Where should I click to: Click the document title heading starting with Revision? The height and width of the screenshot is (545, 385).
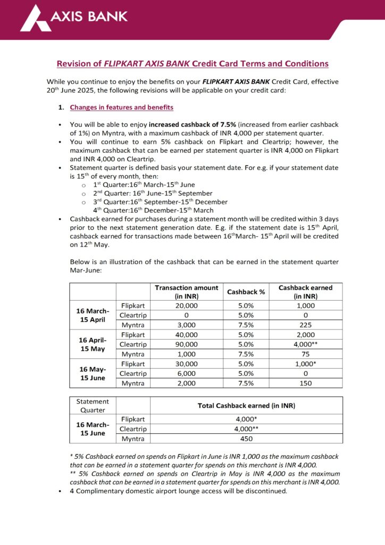pyautogui.click(x=192, y=64)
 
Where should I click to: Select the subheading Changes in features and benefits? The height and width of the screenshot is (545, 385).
pyautogui.click(x=121, y=108)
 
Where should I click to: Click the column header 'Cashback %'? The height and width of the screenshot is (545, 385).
pyautogui.click(x=246, y=292)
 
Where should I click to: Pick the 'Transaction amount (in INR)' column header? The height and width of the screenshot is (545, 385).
pyautogui.click(x=186, y=292)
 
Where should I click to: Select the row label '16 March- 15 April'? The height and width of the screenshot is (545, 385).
pyautogui.click(x=93, y=316)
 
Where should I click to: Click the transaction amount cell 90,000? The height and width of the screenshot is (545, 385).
pyautogui.click(x=186, y=344)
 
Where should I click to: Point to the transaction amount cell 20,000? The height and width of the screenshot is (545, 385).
pyautogui.click(x=186, y=306)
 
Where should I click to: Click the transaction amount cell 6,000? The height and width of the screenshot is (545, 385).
pyautogui.click(x=186, y=374)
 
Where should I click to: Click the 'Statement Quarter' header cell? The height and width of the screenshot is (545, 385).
pyautogui.click(x=93, y=405)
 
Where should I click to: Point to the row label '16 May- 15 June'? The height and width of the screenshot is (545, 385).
pyautogui.click(x=93, y=374)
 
